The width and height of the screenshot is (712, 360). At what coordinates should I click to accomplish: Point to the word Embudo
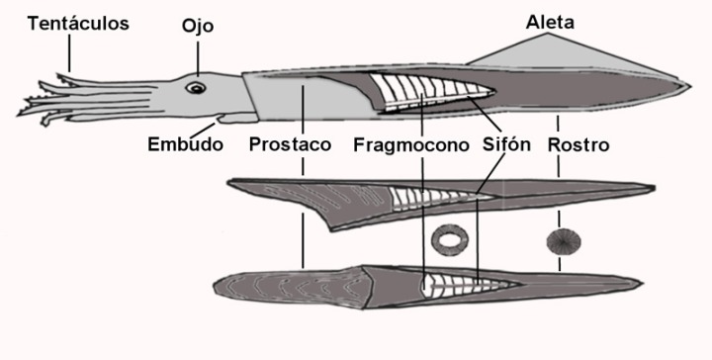coord(184,144)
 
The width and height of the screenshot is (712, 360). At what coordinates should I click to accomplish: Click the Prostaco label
coord(290,144)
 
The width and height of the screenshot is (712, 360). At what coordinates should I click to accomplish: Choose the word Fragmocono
coord(410,144)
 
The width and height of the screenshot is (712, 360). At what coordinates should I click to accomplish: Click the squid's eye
coord(198,88)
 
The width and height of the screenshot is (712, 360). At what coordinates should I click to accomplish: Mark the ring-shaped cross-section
coord(449,239)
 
